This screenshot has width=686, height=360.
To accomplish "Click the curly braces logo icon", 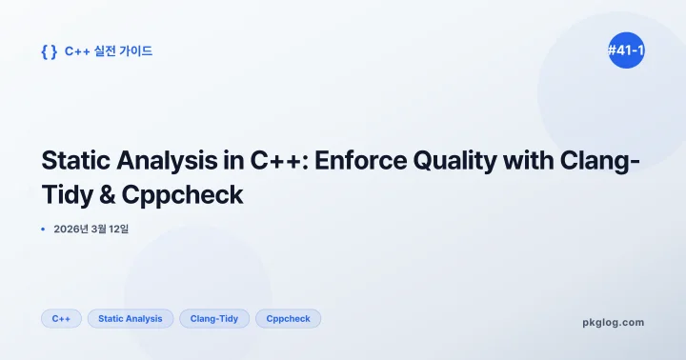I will coord(49,51).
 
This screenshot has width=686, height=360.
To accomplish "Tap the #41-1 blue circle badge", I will coord(626,51).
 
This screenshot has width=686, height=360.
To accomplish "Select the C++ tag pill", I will coord(61,318).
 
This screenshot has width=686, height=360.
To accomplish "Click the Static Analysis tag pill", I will coord(131,318).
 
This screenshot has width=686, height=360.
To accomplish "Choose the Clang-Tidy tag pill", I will coord(214,318).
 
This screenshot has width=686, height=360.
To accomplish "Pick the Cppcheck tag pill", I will coord(288,318).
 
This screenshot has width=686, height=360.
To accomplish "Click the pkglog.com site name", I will coord(613,322).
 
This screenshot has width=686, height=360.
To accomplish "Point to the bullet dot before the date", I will coord(44,230).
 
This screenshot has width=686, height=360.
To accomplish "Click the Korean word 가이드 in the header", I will coord(135,51).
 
